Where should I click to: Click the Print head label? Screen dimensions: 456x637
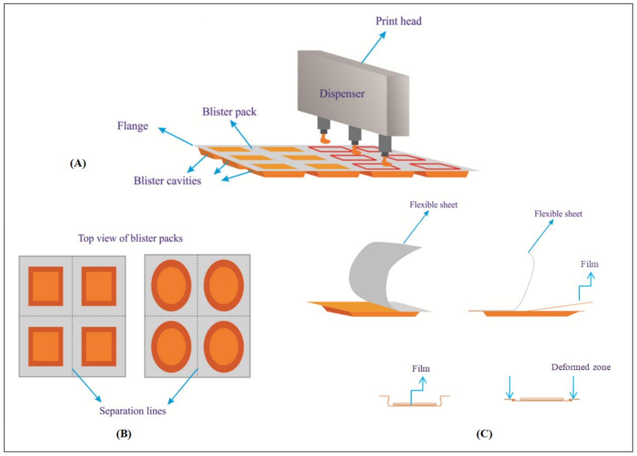pyautogui.click(x=398, y=21)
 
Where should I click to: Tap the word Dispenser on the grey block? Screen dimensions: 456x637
pyautogui.click(x=342, y=94)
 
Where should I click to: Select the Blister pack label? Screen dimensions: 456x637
pyautogui.click(x=229, y=112)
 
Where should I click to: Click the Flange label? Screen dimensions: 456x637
pyautogui.click(x=133, y=126)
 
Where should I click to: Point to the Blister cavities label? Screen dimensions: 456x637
pyautogui.click(x=167, y=181)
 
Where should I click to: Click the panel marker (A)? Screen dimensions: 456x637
pyautogui.click(x=78, y=163)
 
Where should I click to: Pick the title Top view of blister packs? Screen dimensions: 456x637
pyautogui.click(x=130, y=238)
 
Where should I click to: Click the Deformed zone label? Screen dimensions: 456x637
pyautogui.click(x=581, y=367)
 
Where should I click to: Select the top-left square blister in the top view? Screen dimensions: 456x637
pyautogui.click(x=45, y=286)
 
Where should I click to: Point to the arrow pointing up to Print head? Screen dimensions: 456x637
pyautogui.click(x=373, y=47)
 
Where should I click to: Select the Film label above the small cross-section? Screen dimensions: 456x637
pyautogui.click(x=421, y=368)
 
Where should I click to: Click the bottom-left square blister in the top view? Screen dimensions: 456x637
pyautogui.click(x=45, y=346)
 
